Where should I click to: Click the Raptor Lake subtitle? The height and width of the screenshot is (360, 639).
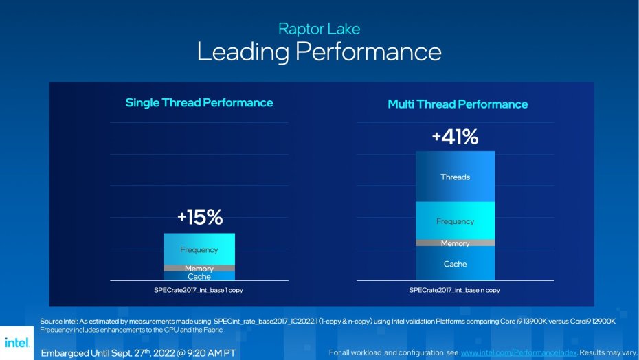click(319, 29)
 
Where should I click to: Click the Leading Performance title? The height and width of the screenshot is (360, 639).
click(319, 52)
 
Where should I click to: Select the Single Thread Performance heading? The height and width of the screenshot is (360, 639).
click(199, 103)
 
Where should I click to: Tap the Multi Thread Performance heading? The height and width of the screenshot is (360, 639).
click(458, 104)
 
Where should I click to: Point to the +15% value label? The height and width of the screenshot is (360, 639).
click(199, 218)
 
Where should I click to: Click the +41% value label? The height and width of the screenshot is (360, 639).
click(455, 137)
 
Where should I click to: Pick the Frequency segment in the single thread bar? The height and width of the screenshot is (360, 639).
click(199, 249)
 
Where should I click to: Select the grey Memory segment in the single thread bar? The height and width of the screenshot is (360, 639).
click(199, 268)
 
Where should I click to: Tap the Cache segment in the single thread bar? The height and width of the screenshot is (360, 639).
click(199, 276)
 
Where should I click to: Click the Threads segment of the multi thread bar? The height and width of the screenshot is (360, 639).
click(455, 177)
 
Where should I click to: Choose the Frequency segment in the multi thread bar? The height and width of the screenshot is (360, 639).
click(455, 221)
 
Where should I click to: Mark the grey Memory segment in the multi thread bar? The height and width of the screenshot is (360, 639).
click(455, 243)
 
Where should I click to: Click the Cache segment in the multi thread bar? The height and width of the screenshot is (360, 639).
click(455, 264)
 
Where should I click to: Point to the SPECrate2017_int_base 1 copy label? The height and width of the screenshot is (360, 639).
click(199, 290)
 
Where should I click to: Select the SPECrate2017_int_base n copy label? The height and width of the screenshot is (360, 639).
click(454, 290)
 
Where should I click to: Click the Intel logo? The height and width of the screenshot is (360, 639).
click(16, 342)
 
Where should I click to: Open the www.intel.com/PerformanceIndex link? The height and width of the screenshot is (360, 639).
click(519, 352)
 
